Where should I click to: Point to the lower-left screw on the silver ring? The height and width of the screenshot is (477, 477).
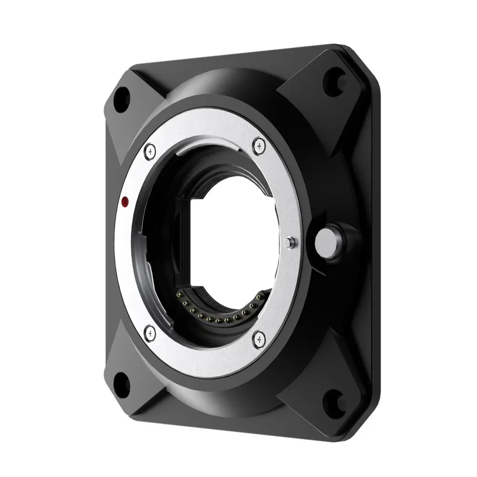[150, 331]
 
